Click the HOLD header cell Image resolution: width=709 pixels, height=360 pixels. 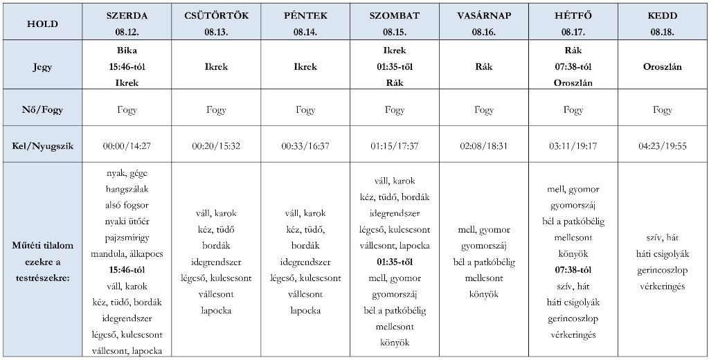[42, 24]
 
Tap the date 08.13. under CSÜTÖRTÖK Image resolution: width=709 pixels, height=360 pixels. [217, 32]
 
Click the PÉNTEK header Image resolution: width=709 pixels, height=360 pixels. [305, 15]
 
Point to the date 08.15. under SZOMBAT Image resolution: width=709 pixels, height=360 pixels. [394, 32]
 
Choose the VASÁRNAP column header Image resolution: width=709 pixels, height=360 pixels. [484, 15]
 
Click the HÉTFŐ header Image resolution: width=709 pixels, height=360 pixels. [573, 15]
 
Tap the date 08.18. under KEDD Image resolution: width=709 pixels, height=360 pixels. [663, 32]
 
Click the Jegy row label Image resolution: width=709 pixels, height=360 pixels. [42, 67]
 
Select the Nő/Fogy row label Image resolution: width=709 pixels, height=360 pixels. [42, 110]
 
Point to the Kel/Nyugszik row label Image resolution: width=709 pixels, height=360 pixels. [42, 147]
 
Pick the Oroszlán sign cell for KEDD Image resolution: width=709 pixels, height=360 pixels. [663, 67]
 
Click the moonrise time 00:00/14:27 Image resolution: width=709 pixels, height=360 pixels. [127, 147]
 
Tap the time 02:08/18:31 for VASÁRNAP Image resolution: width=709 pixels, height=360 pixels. [484, 147]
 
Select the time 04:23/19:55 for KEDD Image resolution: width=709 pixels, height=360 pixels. [663, 147]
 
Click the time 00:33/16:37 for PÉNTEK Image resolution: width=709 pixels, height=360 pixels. [305, 147]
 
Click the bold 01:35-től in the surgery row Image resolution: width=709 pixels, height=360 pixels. [394, 262]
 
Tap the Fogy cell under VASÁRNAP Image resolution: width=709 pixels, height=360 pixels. [484, 110]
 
